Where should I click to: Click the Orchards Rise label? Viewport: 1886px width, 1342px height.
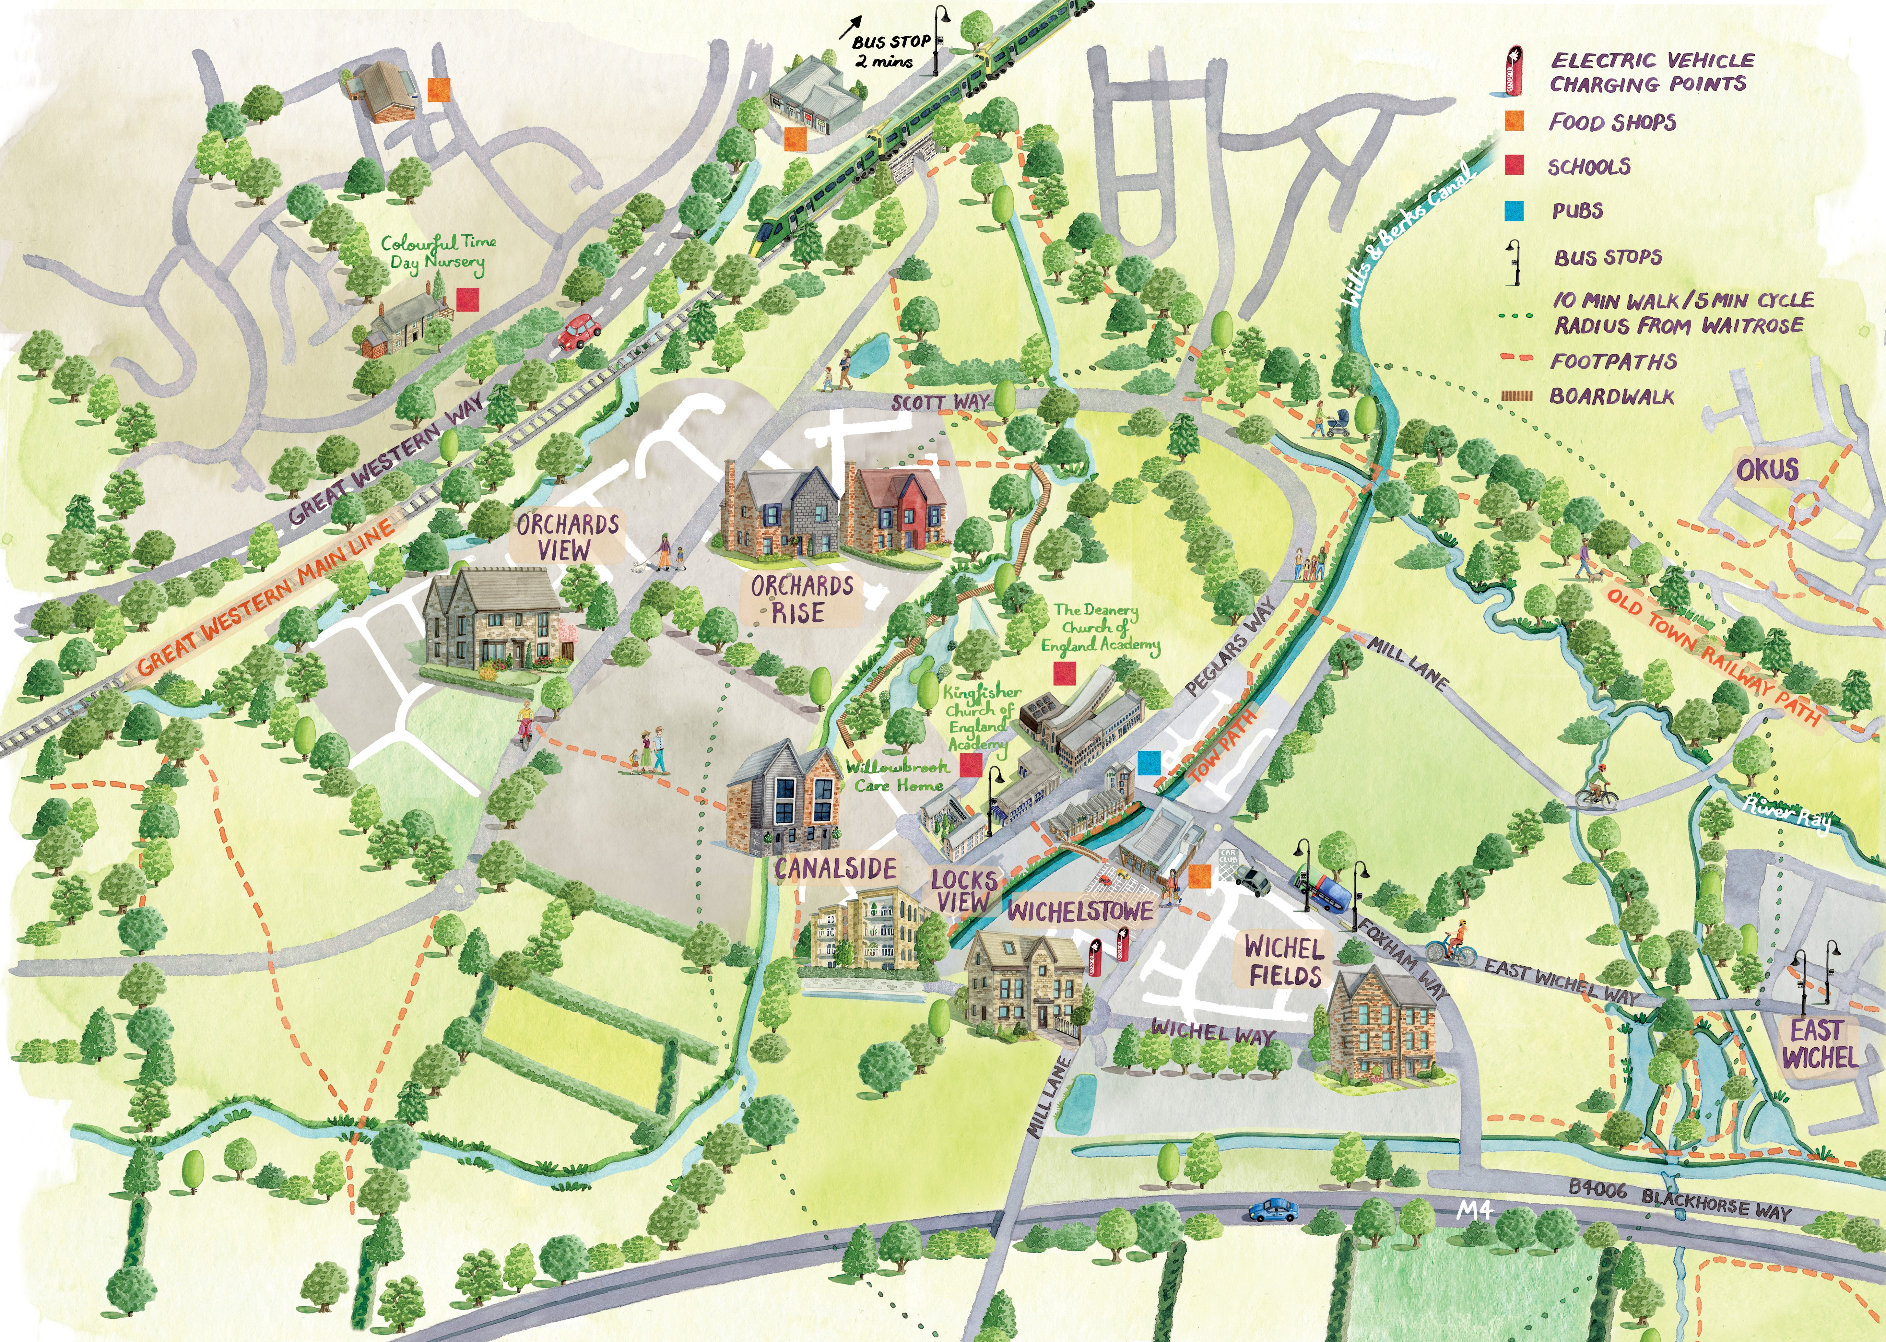[x=801, y=599]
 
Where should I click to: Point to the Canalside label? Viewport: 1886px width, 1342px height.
[x=836, y=868]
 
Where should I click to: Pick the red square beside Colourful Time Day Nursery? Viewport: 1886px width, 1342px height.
[x=467, y=299]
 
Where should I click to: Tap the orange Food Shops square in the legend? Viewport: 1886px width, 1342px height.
[x=1514, y=122]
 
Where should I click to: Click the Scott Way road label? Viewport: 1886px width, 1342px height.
[x=940, y=402]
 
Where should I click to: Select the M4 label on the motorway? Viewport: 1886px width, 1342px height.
[x=1474, y=1211]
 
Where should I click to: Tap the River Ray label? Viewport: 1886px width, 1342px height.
[x=1787, y=813]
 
